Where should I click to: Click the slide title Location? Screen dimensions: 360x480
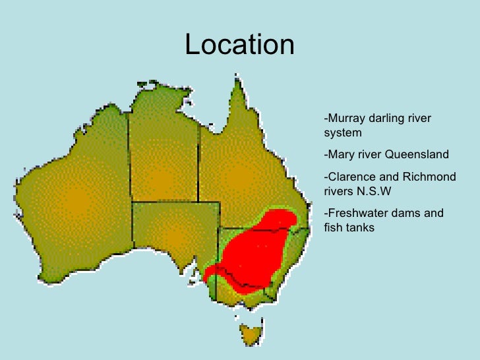click(239, 45)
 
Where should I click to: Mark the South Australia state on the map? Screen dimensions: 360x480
click(175, 231)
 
